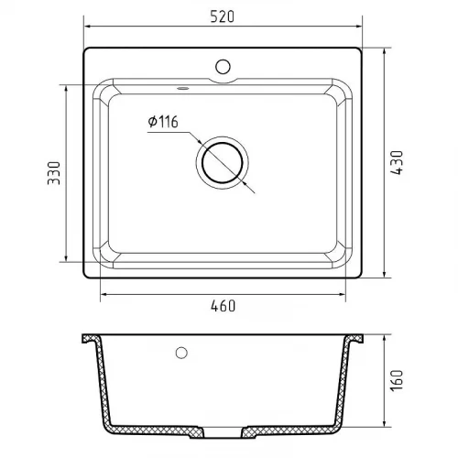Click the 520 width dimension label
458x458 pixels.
223,16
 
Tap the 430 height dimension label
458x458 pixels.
397,162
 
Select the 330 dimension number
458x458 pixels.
54,173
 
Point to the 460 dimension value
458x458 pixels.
224,306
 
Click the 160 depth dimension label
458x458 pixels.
397,380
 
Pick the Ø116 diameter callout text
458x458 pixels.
163,122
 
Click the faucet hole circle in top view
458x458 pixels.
223,67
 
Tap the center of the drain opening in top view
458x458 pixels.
223,163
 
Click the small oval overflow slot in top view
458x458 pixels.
183,89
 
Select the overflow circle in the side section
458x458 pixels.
181,353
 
